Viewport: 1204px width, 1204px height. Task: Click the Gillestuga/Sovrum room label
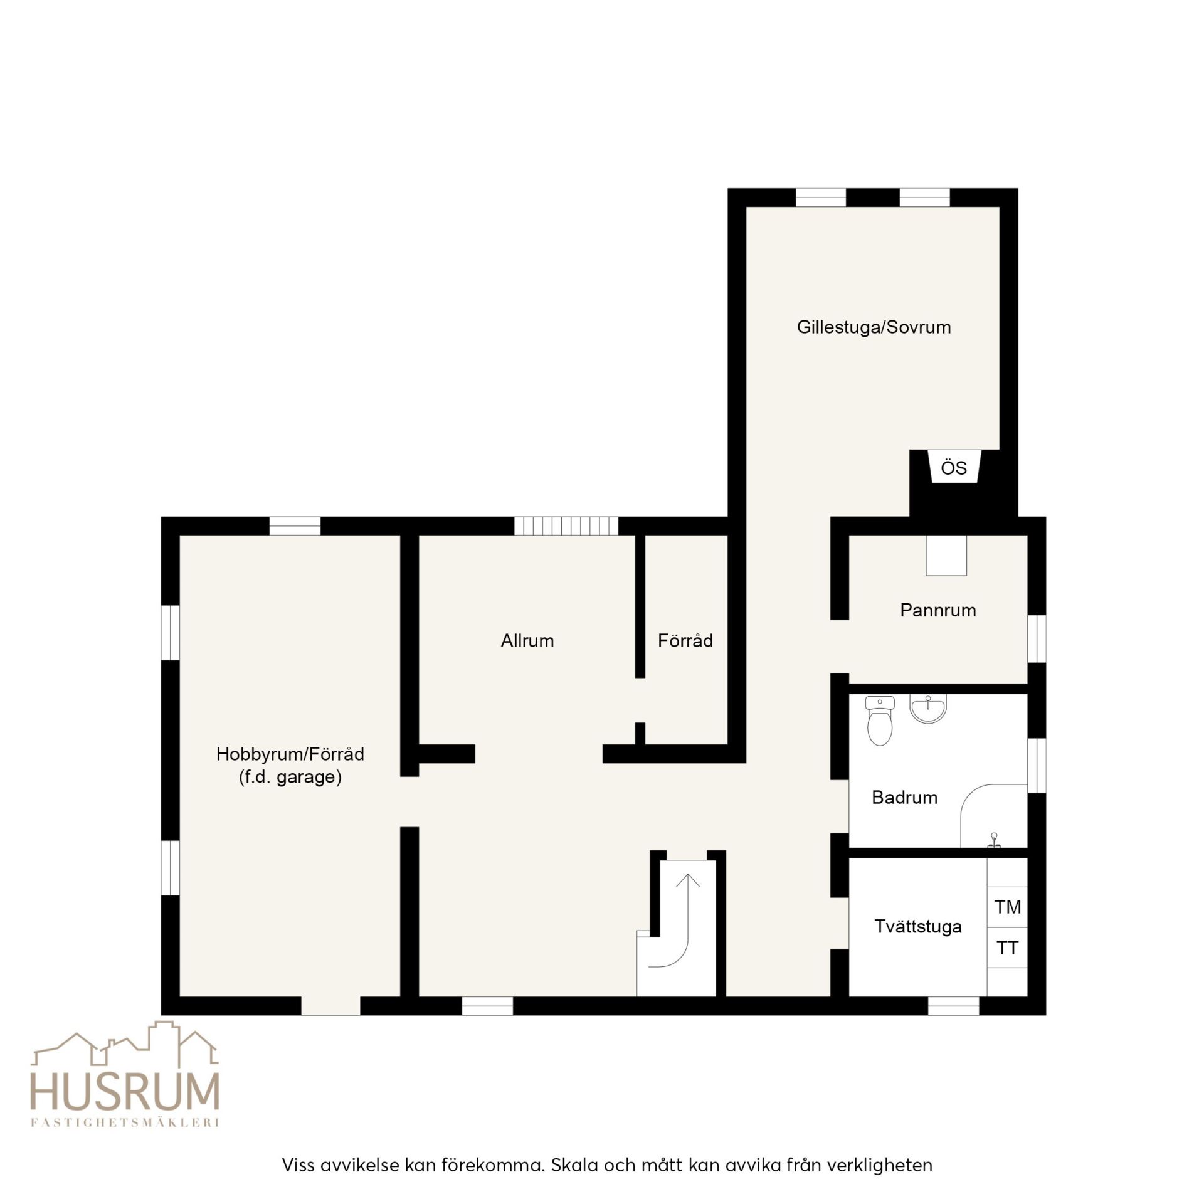(x=874, y=327)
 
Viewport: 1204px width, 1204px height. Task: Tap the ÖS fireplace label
(x=954, y=468)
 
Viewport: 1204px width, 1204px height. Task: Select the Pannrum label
(x=938, y=610)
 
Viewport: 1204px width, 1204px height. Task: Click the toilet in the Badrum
(x=880, y=721)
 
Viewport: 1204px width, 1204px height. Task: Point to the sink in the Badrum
(x=928, y=709)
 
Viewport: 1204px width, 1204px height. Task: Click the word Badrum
(x=904, y=798)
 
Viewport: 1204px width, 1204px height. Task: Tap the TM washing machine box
(x=1007, y=907)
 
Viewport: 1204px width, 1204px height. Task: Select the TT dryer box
(x=1007, y=948)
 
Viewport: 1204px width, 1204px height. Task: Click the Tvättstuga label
(x=918, y=927)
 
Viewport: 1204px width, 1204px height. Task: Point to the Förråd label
(x=685, y=640)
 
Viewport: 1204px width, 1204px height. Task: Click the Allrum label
(x=527, y=641)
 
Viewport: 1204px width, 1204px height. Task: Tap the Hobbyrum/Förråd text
(x=290, y=754)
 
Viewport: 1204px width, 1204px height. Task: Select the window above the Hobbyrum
(x=295, y=525)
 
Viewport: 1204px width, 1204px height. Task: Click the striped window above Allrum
(x=566, y=525)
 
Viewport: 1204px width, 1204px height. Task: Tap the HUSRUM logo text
(x=125, y=1092)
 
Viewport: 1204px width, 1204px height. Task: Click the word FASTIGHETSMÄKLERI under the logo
(x=125, y=1122)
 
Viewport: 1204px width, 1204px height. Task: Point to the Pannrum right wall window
(x=1037, y=638)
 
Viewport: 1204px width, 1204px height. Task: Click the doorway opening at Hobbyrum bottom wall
(x=330, y=1005)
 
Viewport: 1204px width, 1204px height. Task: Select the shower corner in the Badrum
(x=993, y=816)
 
